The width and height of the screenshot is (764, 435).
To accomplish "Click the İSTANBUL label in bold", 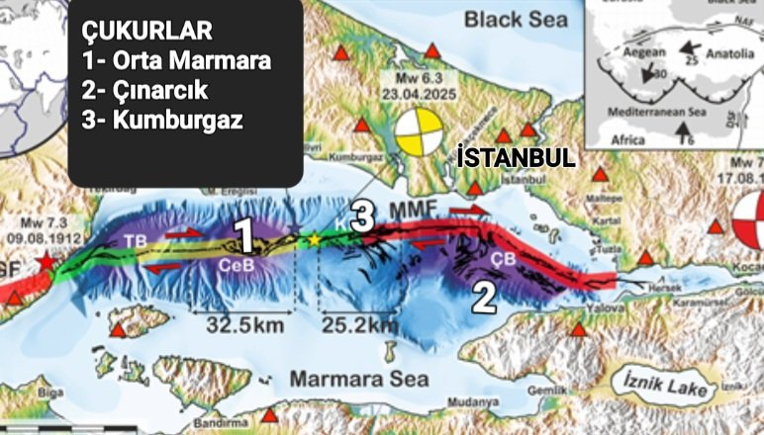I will (x=516, y=158).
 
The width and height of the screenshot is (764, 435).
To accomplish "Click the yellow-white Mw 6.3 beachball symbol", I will (x=419, y=134).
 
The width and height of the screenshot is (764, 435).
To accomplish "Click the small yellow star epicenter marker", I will (x=315, y=239).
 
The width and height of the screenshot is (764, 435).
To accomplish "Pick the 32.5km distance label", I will (x=245, y=322).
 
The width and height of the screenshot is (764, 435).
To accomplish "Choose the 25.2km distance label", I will (x=359, y=322).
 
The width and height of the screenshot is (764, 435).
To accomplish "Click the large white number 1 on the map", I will (x=243, y=237).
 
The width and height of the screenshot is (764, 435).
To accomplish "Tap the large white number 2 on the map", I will (x=482, y=297).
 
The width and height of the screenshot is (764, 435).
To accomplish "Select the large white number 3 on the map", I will (x=362, y=215).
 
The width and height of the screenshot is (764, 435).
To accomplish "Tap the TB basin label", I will (x=135, y=240).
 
